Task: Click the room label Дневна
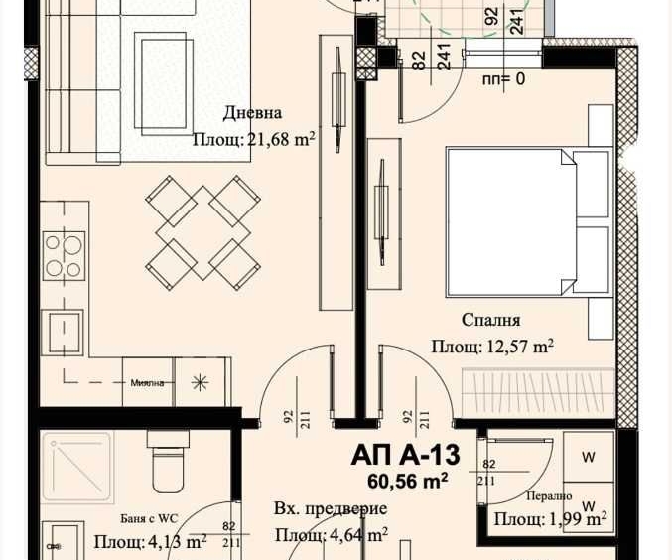click(x=252, y=113)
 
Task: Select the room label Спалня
click(x=490, y=320)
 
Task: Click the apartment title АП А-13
click(x=405, y=456)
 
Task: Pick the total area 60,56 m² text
click(x=407, y=481)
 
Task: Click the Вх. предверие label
click(x=330, y=509)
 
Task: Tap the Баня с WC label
click(x=136, y=517)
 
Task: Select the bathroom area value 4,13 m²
click(x=150, y=542)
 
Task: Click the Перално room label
click(x=549, y=496)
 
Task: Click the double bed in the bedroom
click(x=526, y=222)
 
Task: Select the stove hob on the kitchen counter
click(x=63, y=255)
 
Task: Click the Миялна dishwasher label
click(x=147, y=383)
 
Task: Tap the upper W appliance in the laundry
click(x=588, y=458)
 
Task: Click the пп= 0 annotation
click(x=503, y=79)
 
